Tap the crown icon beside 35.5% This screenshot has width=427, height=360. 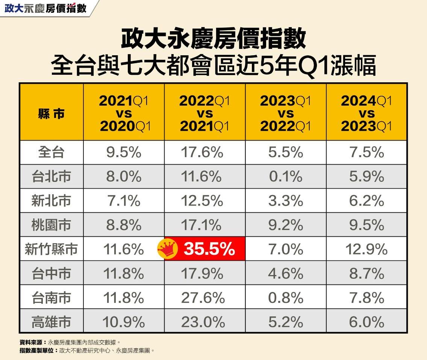167,249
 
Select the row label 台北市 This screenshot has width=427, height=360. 51,176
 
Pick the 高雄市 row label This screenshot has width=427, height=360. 51,322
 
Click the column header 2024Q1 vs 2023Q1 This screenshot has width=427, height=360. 366,113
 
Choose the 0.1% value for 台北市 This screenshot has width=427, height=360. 285,176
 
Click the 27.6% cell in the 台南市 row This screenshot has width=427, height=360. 203,298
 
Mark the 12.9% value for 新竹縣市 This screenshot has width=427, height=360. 366,249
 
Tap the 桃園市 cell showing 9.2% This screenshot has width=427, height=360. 285,225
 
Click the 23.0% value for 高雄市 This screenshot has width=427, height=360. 203,322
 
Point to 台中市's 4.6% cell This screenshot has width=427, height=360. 285,274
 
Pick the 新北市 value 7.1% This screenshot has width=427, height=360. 123,201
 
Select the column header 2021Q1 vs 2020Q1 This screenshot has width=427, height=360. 124,113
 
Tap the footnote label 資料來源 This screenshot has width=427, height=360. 32,342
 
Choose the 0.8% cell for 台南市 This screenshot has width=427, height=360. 285,298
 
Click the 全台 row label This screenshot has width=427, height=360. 51,152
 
